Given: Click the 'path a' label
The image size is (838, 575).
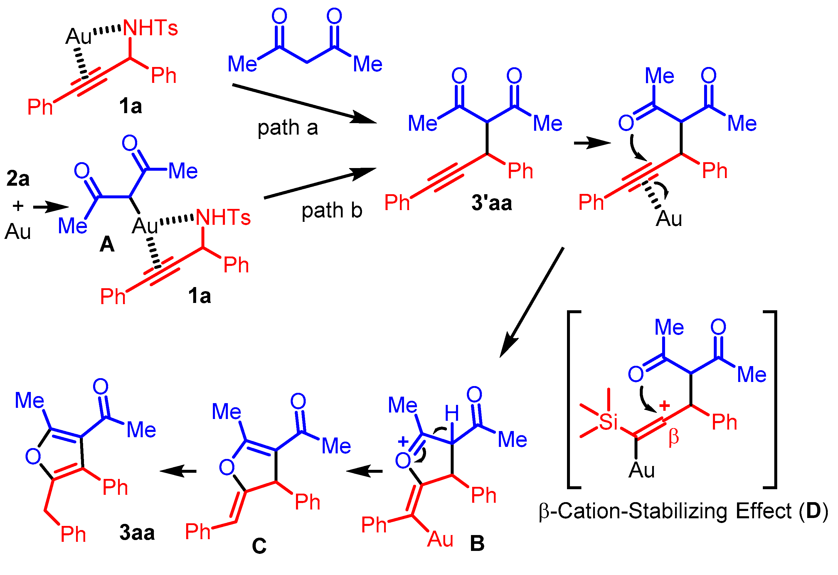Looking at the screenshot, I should coord(287,128).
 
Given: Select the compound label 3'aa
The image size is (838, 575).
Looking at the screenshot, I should coord(492,203).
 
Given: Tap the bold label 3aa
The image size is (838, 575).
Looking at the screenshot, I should coord(137,532).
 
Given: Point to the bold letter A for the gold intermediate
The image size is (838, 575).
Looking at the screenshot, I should coord(107,244).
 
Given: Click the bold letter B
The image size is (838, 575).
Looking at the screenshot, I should coord(477,543).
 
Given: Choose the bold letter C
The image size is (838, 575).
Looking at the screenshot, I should coord(259,546).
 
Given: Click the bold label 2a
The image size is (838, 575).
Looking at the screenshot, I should coord(18,179).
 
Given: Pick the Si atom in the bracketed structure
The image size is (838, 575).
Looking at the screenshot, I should coord(608,421).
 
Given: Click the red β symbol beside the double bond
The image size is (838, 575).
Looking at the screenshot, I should coord(674,437).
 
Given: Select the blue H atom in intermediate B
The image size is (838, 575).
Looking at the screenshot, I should coord(452,413).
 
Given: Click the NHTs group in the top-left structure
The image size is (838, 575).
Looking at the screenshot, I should coord(150,28).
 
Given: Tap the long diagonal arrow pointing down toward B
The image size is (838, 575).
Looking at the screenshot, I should coord(532,302).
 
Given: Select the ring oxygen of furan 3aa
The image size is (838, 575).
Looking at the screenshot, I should coord(33,456).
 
